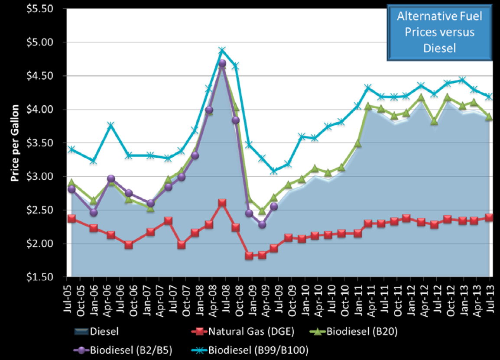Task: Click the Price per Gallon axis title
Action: click(15, 143)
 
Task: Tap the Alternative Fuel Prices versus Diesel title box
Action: click(439, 33)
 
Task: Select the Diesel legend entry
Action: click(98, 332)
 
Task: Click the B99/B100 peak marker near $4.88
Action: click(222, 51)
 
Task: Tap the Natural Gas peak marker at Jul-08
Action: click(222, 203)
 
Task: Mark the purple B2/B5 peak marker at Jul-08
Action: click(222, 63)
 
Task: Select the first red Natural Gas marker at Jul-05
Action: click(71, 219)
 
